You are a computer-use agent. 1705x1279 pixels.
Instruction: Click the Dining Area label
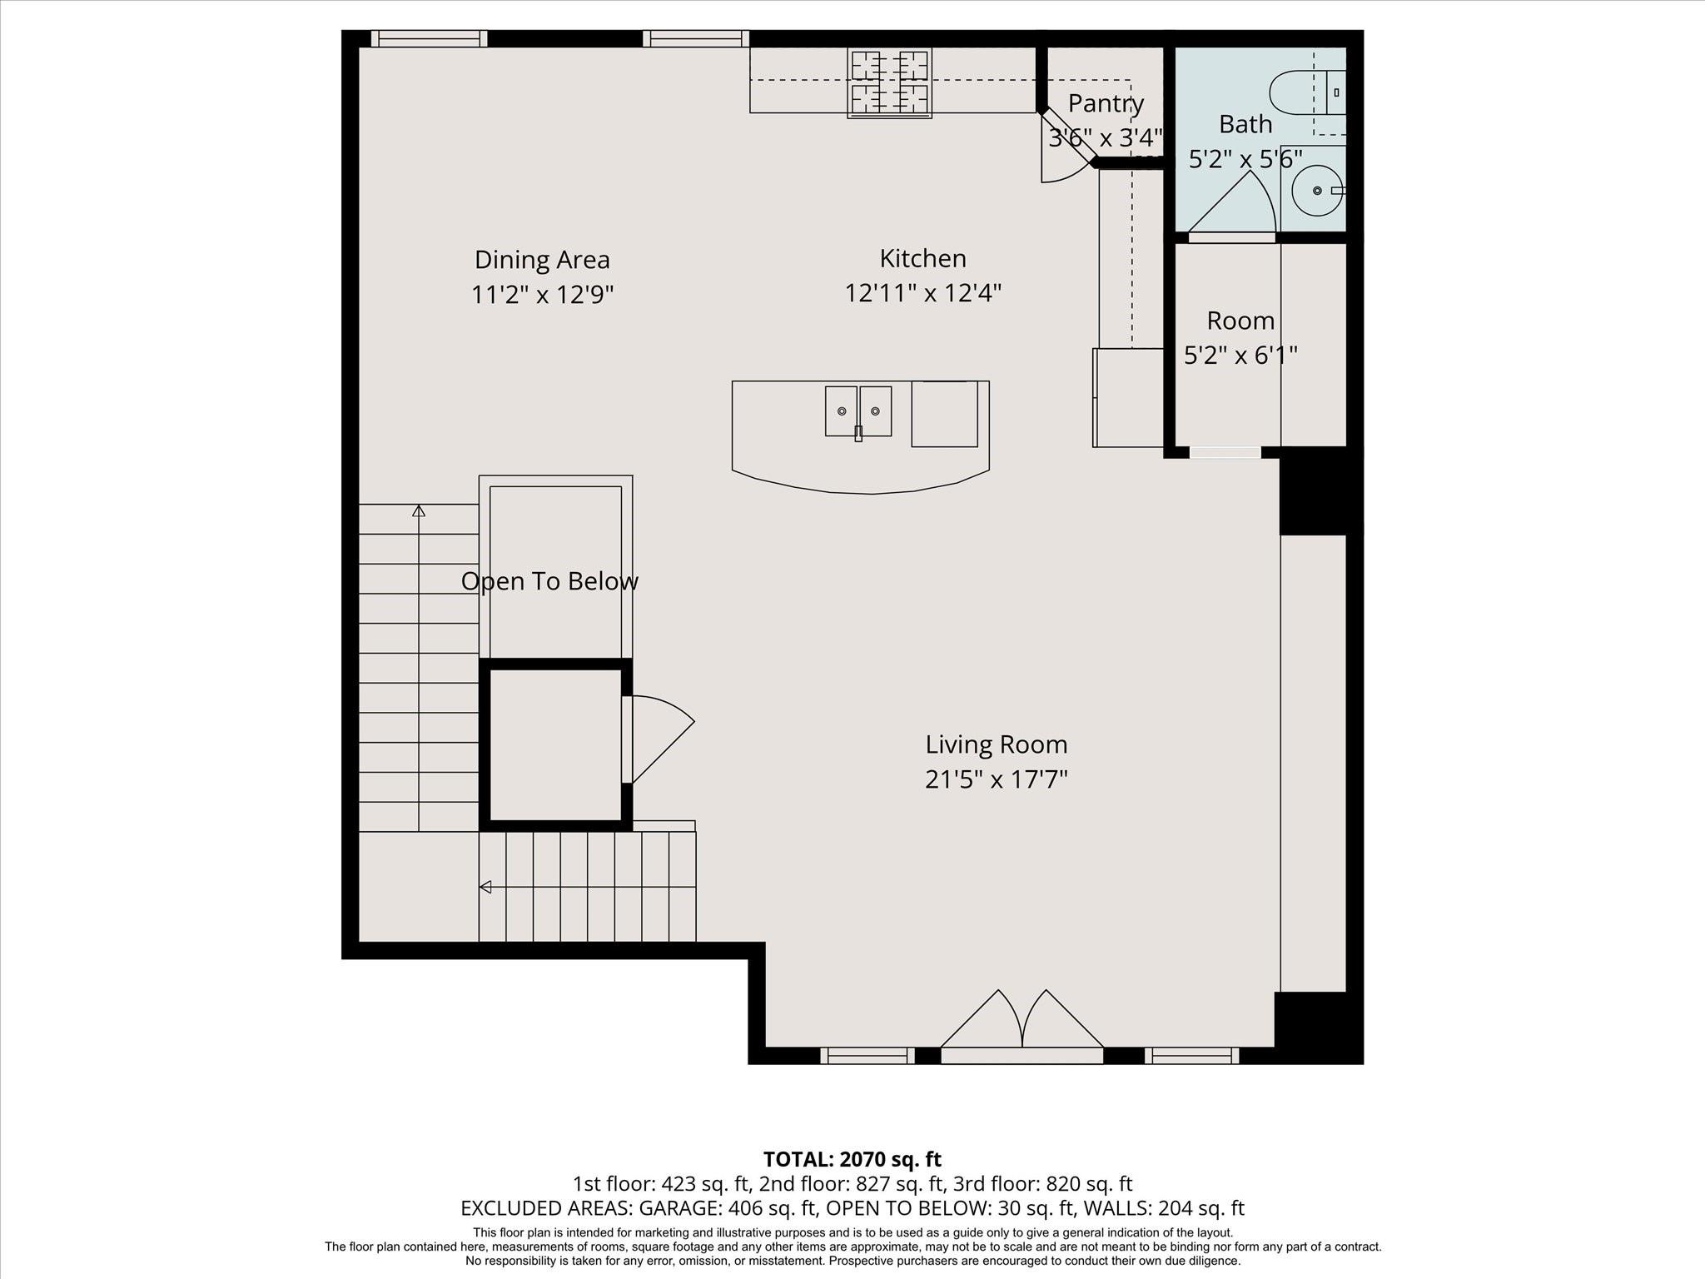pos(542,260)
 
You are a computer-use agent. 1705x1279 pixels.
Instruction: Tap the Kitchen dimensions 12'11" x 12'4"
pos(922,293)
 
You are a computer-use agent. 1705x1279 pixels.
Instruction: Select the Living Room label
pos(996,744)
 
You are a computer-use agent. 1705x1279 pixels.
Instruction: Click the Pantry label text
pos(1106,103)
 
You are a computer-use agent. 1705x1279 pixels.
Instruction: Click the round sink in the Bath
pos(1317,191)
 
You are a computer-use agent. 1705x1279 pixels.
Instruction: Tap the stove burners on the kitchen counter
pos(889,82)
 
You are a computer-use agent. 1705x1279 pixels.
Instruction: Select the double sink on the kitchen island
pos(858,411)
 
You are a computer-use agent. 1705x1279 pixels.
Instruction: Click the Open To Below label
pos(549,581)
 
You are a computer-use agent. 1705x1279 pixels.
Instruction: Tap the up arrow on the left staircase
pos(419,510)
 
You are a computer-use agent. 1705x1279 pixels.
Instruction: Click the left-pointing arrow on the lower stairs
pos(485,887)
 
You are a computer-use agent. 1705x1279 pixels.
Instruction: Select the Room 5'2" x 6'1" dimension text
pos(1240,356)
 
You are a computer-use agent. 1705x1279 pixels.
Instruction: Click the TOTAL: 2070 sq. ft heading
pos(852,1159)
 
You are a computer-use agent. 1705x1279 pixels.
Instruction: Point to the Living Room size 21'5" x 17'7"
pos(996,779)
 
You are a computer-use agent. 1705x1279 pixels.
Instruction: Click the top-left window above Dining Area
pos(429,38)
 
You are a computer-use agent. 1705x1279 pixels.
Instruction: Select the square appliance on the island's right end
pos(944,414)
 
